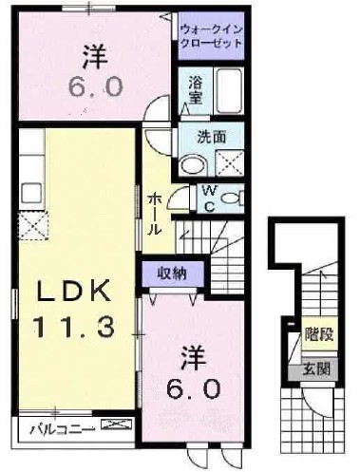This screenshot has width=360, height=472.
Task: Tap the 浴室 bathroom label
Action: (x=195, y=88)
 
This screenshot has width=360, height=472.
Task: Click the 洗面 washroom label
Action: (x=211, y=136)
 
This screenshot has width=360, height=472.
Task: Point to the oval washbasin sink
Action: (x=193, y=163)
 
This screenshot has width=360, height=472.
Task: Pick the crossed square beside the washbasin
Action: (x=230, y=163)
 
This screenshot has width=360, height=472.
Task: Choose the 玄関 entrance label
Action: (x=316, y=369)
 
